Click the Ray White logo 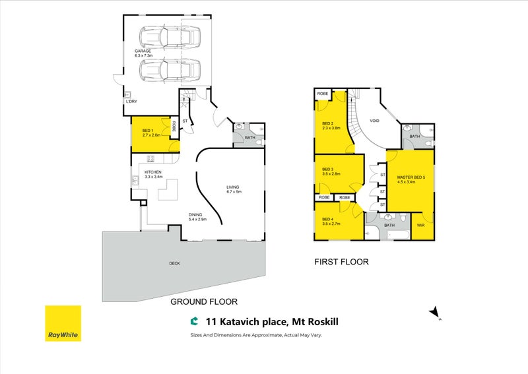[x=63, y=323]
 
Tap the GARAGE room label [x=143, y=50]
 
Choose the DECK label [x=174, y=263]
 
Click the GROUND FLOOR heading [x=203, y=301]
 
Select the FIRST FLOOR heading [x=341, y=262]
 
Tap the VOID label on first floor [x=374, y=121]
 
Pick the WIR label [x=420, y=225]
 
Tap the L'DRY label [x=131, y=102]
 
